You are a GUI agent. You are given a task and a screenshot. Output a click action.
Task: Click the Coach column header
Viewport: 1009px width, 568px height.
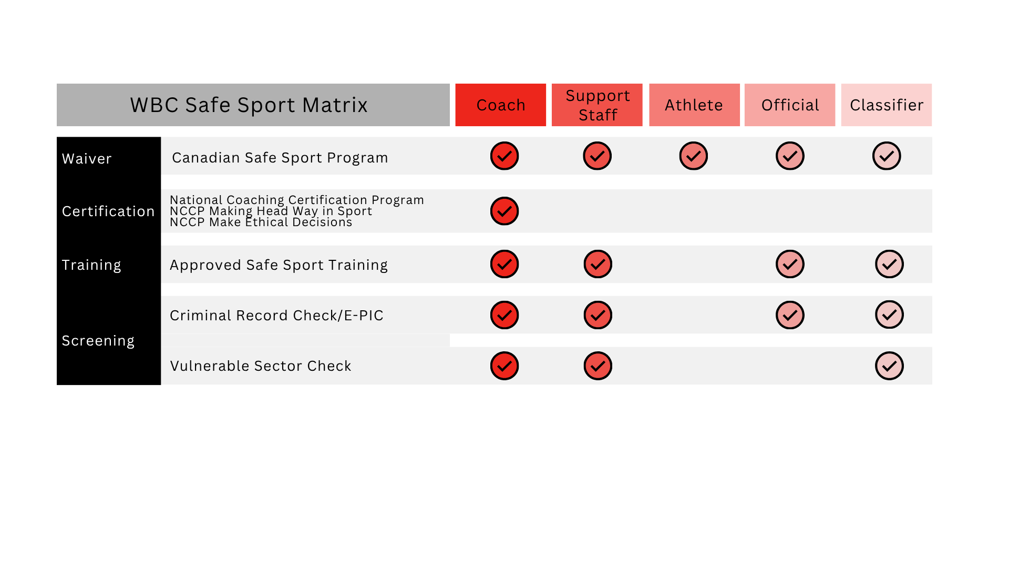[500, 105]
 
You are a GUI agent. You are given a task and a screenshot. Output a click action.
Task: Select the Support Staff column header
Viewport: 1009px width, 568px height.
[597, 105]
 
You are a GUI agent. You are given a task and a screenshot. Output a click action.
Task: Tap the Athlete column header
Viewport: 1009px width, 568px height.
[694, 105]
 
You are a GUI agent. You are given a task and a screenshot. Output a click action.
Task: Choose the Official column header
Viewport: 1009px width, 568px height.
[790, 105]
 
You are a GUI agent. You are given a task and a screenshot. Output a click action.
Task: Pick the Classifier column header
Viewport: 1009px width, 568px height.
[887, 105]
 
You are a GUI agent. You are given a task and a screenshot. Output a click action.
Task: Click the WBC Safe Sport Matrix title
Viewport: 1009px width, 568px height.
[249, 105]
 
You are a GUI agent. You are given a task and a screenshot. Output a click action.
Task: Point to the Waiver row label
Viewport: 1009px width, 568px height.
[87, 159]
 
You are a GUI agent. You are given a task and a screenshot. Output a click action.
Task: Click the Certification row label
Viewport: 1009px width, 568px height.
[108, 211]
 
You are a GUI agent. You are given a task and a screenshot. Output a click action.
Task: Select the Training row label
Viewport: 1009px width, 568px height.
[91, 265]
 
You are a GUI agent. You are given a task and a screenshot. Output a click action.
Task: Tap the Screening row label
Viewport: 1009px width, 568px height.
[98, 341]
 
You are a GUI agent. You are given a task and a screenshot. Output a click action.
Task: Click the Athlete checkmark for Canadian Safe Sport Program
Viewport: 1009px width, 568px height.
[694, 156]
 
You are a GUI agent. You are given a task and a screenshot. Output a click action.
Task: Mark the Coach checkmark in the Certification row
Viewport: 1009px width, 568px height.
[504, 211]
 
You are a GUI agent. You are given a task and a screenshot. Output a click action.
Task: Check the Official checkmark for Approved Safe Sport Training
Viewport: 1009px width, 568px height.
[790, 264]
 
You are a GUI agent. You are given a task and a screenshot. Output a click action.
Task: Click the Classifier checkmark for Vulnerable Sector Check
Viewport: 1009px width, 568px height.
[889, 366]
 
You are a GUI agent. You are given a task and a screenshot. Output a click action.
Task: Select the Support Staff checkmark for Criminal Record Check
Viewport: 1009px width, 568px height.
[598, 315]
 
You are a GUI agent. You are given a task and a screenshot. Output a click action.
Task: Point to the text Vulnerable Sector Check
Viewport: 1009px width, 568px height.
[261, 366]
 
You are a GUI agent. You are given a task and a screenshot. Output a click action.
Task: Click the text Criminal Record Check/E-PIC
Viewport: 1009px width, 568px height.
[276, 316]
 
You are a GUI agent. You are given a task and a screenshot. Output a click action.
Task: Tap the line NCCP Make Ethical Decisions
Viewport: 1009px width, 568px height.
[261, 222]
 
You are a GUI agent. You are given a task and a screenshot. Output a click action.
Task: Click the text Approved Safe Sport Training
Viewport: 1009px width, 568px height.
[279, 265]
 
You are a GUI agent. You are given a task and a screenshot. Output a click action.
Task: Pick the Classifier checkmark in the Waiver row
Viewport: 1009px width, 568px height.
[887, 156]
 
